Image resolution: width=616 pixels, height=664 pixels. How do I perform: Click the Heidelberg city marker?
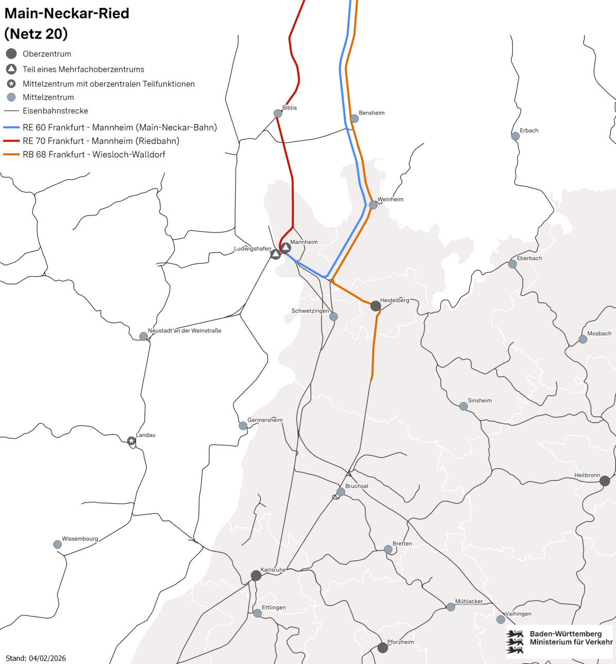click(x=376, y=306)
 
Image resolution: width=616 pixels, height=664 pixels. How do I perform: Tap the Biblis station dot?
click(x=278, y=113)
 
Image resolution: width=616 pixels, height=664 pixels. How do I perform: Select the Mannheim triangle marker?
click(x=286, y=248)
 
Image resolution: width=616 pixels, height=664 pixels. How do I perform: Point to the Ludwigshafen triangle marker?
click(x=276, y=254)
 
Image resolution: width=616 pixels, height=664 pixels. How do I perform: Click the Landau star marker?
click(x=131, y=441)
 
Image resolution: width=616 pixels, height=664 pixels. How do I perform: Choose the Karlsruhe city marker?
click(x=256, y=575)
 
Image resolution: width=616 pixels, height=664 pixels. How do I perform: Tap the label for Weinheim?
click(x=390, y=200)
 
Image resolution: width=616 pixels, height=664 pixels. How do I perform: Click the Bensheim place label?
click(x=372, y=113)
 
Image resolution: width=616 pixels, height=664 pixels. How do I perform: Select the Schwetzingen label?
click(x=310, y=311)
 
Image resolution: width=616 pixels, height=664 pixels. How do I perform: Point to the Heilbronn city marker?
click(x=605, y=481)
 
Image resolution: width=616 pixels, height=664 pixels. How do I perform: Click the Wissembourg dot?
click(x=58, y=544)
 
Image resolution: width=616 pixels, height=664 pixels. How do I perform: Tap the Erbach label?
click(x=529, y=130)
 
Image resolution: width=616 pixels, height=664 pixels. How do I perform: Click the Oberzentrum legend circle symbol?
click(x=11, y=54)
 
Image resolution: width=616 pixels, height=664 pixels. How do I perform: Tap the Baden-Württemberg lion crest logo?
click(x=514, y=641)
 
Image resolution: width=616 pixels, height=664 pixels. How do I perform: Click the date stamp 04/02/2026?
click(x=47, y=658)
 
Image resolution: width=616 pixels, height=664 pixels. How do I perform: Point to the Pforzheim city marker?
click(x=382, y=648)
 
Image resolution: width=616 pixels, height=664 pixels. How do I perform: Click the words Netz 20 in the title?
click(x=36, y=34)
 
